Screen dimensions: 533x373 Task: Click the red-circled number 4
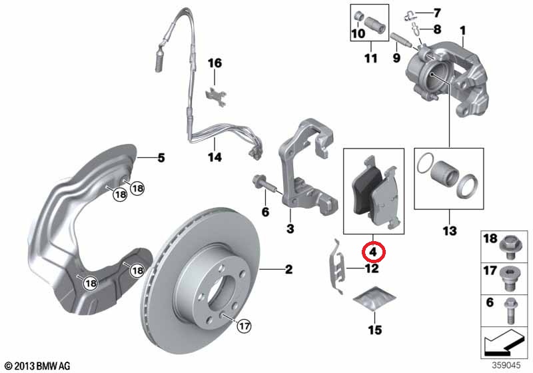coord(373,252)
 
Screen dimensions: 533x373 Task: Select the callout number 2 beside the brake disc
coord(288,269)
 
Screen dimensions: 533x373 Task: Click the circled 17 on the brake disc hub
coord(244,326)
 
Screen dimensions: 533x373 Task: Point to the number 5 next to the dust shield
coord(161,158)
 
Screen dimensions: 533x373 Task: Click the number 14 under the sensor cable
coord(215,157)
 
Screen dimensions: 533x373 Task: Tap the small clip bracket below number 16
coord(216,96)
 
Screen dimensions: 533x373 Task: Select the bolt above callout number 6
coord(264,184)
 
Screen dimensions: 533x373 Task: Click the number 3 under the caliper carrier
coord(290,228)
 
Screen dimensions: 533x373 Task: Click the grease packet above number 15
coord(374,298)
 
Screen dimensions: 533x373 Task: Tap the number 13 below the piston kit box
coord(449,231)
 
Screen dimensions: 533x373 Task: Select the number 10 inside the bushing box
coord(358,33)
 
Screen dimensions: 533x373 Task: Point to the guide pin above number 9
coord(402,40)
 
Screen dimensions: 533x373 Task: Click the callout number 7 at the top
coord(437,13)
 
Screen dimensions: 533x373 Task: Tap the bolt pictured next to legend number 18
coord(508,244)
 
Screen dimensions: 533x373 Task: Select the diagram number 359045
coord(506,365)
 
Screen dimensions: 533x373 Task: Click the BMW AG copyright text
coord(38,366)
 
